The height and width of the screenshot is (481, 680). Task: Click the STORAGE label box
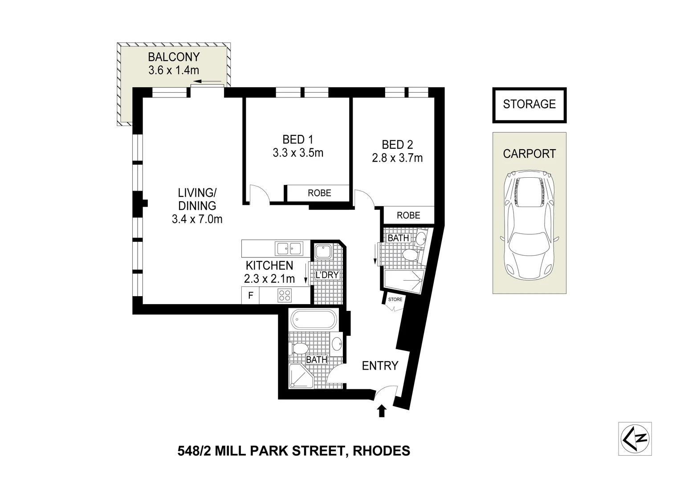[529, 105]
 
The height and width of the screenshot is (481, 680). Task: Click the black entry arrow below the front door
[381, 411]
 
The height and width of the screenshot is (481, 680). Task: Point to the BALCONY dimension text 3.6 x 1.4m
[174, 70]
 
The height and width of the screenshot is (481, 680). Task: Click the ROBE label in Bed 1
[319, 193]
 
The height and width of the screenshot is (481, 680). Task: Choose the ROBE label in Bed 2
[408, 215]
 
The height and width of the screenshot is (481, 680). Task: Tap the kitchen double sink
[289, 248]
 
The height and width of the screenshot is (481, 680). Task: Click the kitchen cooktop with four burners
[285, 295]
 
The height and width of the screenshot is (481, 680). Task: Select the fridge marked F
[251, 295]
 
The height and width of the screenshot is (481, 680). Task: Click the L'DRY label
[327, 275]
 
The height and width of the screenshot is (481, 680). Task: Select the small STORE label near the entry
[395, 299]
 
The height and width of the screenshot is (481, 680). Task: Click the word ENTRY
[380, 366]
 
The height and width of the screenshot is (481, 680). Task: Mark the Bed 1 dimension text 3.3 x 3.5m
[298, 153]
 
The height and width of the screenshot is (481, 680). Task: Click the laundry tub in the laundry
[322, 252]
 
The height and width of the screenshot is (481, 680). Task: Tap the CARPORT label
[529, 154]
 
